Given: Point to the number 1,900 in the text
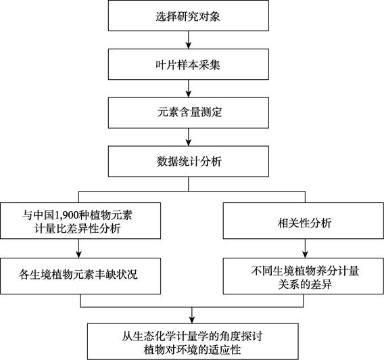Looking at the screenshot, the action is pos(67,215).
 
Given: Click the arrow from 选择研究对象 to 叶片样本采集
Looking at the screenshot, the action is pos(189,40).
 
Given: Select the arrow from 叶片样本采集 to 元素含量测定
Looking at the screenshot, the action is pos(189,89).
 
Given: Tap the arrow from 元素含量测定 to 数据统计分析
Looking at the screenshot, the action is pos(189,137).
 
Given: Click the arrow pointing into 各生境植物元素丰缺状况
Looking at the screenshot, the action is pos(78,248).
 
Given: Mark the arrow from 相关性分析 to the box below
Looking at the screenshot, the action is pos(305,248).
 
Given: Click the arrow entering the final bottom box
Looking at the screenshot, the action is pos(192,315).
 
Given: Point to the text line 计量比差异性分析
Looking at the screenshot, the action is pos(77,229).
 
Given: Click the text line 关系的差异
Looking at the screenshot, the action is pos(305,284).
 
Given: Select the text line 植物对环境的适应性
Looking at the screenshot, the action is pos(192,349).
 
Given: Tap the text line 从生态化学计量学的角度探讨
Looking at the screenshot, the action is pos(192,336).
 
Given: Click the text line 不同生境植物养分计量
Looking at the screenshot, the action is pos(305,271).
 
